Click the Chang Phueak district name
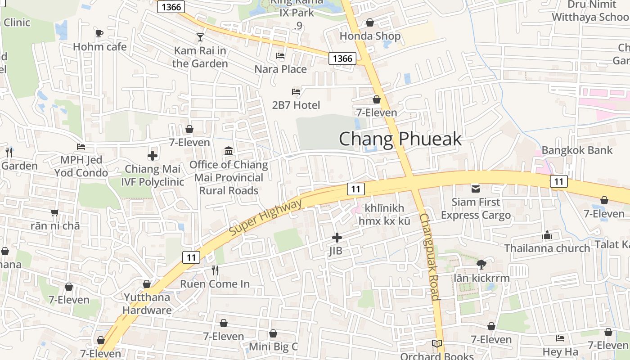tap(400, 139)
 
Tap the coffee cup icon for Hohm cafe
tap(99, 33)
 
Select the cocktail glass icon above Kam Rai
tap(200, 37)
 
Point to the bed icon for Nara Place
tap(280, 56)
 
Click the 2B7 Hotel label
tap(296, 105)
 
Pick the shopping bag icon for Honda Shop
tap(370, 22)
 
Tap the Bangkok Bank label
tap(577, 150)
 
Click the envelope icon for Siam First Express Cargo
tap(476, 189)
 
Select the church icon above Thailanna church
tap(547, 235)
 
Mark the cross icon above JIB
tap(337, 237)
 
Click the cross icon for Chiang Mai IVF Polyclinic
tap(153, 156)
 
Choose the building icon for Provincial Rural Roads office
tap(229, 150)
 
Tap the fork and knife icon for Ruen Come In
tap(215, 270)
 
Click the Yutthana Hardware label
tap(147, 304)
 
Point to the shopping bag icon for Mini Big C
tap(273, 333)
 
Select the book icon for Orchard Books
tap(436, 344)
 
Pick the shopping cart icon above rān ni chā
tap(55, 212)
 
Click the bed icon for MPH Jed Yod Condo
tap(81, 147)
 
